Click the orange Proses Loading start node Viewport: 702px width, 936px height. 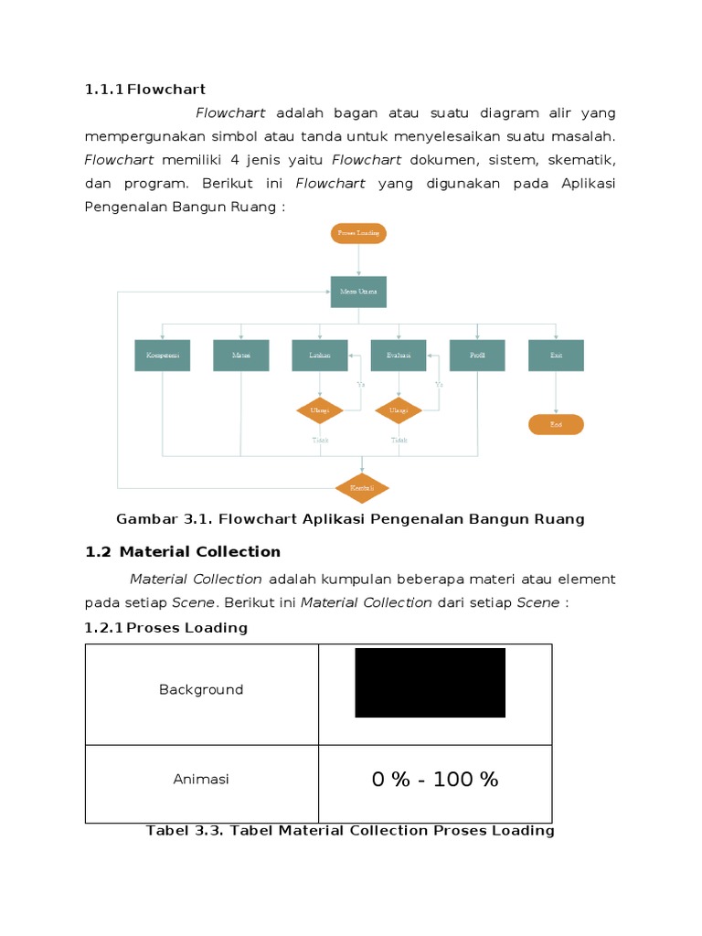coord(358,233)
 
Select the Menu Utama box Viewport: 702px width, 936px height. coord(358,292)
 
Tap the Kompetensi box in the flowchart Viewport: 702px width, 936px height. coord(163,355)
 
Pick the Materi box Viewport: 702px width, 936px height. coord(241,355)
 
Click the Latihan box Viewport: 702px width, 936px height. coord(320,355)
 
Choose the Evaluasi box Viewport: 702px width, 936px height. coord(399,355)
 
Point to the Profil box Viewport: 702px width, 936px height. coord(477,355)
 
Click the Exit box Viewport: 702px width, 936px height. coord(556,355)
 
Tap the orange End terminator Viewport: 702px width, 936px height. coord(556,424)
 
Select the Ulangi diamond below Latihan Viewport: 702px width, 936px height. coord(320,410)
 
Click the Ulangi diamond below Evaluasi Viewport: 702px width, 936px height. coord(399,410)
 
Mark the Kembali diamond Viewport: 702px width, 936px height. coord(362,488)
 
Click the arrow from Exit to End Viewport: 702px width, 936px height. coord(556,392)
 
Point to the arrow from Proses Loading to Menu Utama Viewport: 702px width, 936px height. coord(358,260)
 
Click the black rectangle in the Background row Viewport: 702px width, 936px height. coord(430,683)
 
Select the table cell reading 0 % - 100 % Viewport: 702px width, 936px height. coord(435,780)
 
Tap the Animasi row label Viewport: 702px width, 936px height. coord(201,780)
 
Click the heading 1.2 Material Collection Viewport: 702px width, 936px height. coord(183,552)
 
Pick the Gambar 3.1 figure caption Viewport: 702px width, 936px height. coord(350,519)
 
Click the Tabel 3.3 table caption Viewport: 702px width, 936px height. coord(350,831)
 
